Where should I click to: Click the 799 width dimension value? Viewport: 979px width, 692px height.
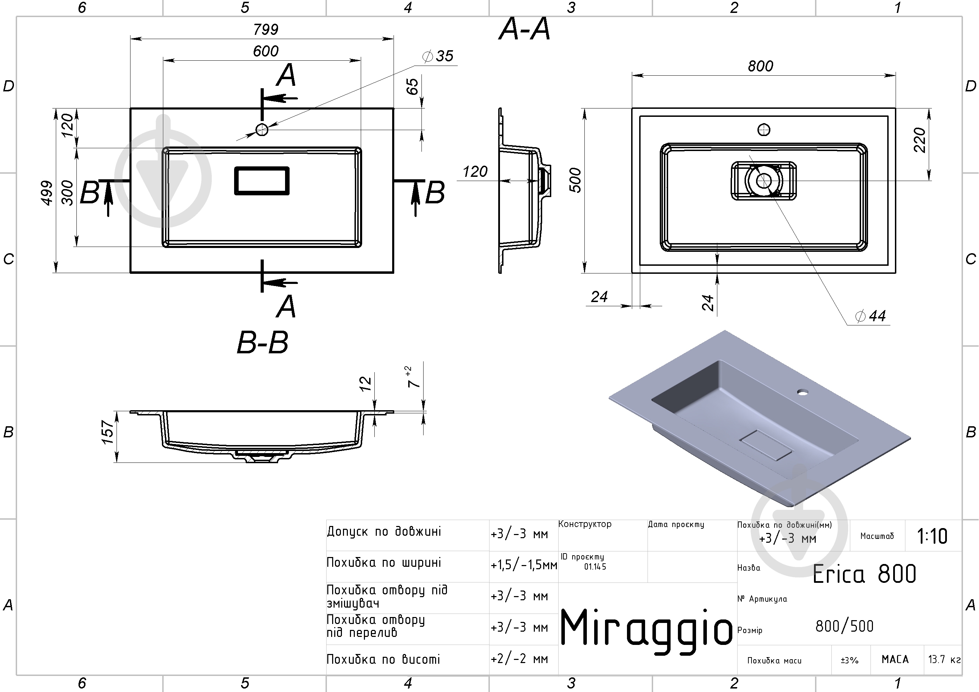point(266,29)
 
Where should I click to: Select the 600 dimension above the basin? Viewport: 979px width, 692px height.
point(266,51)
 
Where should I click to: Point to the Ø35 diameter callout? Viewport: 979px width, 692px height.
point(438,56)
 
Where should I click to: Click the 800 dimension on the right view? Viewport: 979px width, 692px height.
point(760,66)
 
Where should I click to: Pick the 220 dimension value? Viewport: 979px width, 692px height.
point(920,140)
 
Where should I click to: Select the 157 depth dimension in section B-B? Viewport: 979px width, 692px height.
point(108,432)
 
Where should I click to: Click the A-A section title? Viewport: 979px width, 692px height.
point(524,29)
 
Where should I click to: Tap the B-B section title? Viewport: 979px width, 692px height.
point(263,343)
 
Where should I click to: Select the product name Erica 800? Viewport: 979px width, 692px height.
point(864,574)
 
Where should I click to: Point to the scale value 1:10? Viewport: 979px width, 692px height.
point(932,536)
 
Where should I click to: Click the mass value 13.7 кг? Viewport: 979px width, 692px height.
point(944,660)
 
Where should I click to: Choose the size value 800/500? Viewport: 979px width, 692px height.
point(844,626)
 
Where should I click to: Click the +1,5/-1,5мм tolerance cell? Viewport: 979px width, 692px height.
point(524,565)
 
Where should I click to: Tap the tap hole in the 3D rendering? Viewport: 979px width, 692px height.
point(803,391)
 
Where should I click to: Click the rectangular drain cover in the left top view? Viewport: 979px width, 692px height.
point(262,181)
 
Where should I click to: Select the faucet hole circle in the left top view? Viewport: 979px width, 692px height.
point(262,129)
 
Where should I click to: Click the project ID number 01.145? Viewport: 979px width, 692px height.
point(595,567)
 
